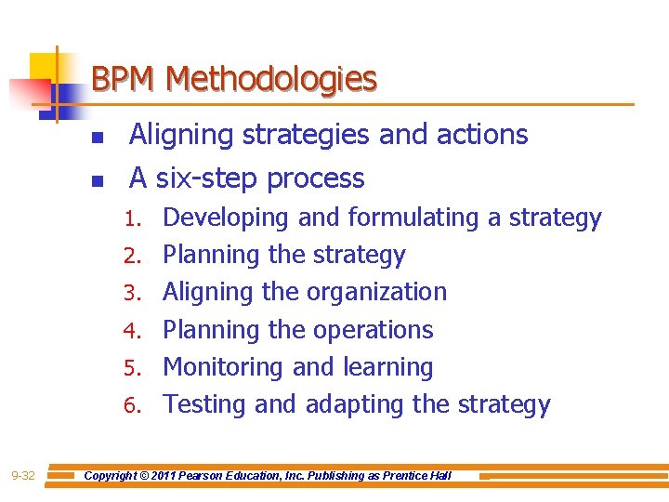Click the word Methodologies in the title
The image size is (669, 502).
pyautogui.click(x=271, y=80)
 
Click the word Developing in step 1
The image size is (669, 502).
pyautogui.click(x=226, y=218)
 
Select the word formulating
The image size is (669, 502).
pyautogui.click(x=413, y=218)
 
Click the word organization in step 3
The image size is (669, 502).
pyautogui.click(x=375, y=293)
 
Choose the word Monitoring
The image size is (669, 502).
pyautogui.click(x=223, y=368)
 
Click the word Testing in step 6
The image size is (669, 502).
pyautogui.click(x=204, y=405)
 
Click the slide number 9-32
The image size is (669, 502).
pyautogui.click(x=22, y=476)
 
